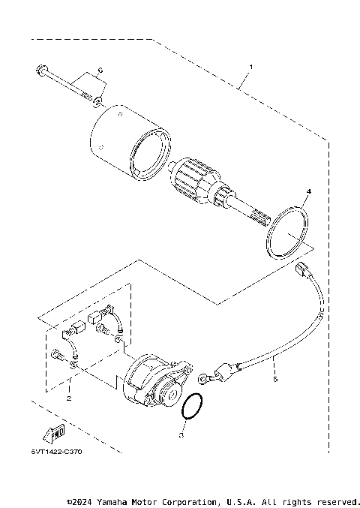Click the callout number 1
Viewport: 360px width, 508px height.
250,68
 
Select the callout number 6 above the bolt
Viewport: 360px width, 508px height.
100,71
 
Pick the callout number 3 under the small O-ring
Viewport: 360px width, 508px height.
181,434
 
